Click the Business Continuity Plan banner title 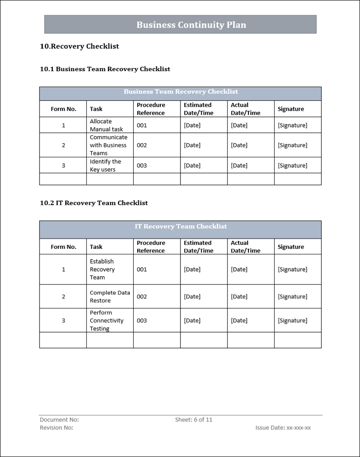pyautogui.click(x=191, y=25)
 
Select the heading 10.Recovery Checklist pyautogui.click(x=80, y=46)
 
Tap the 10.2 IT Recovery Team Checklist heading pyautogui.click(x=94, y=203)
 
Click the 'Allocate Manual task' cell pyautogui.click(x=107, y=125)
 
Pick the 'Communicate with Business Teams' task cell pyautogui.click(x=108, y=145)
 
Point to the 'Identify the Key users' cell pyautogui.click(x=105, y=165)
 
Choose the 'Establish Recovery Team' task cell pyautogui.click(x=102, y=269)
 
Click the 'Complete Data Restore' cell pyautogui.click(x=110, y=297)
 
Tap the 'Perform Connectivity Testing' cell pyautogui.click(x=107, y=321)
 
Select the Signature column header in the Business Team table pyautogui.click(x=291, y=109)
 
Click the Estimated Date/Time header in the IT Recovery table pyautogui.click(x=198, y=247)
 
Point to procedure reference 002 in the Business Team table pyautogui.click(x=142, y=145)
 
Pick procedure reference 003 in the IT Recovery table pyautogui.click(x=142, y=321)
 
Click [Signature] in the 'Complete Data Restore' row pyautogui.click(x=292, y=297)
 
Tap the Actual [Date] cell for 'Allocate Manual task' pyautogui.click(x=239, y=125)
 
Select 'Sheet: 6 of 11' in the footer pyautogui.click(x=194, y=419)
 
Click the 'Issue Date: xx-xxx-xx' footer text pyautogui.click(x=283, y=428)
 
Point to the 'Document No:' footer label pyautogui.click(x=59, y=419)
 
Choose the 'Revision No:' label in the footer pyautogui.click(x=56, y=428)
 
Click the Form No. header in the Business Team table pyautogui.click(x=64, y=109)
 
